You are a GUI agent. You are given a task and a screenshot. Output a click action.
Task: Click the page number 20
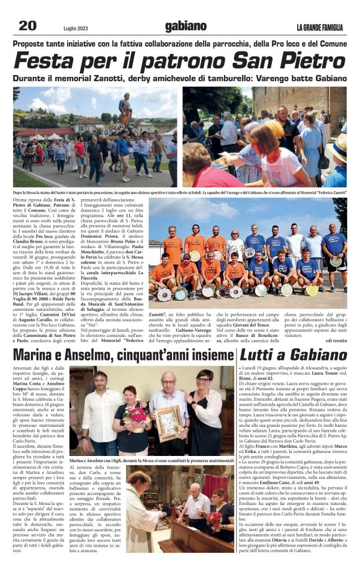[x=27, y=25]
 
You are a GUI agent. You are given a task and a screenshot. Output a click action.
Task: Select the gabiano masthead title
[x=185, y=26]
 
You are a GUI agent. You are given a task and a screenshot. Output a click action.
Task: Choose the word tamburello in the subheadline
[x=212, y=79]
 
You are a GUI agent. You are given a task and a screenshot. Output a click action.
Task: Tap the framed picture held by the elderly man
[x=168, y=424]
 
